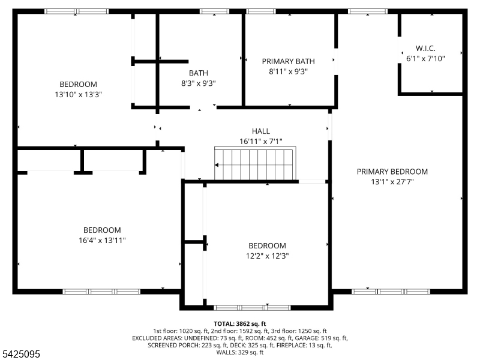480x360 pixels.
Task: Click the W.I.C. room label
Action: [425, 48]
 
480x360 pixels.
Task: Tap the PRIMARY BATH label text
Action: [289, 61]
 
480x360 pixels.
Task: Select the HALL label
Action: [261, 131]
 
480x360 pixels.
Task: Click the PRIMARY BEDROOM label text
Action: [392, 172]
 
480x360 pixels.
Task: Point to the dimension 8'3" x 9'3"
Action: [199, 83]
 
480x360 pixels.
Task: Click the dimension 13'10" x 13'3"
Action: [78, 94]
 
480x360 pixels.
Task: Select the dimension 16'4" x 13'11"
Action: [102, 241]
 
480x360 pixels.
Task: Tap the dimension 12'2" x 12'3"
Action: [267, 256]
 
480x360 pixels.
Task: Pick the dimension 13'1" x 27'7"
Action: [392, 182]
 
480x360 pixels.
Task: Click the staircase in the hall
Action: [255, 163]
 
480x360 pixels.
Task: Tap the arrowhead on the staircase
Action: [217, 165]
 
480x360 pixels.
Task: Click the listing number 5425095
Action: [20, 354]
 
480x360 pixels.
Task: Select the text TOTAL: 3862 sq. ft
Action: [239, 324]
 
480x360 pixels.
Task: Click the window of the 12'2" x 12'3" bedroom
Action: [251, 307]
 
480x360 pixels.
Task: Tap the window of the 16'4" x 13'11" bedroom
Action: [101, 292]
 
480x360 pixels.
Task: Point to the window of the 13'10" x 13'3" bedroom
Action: [77, 11]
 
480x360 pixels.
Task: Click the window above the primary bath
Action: [261, 11]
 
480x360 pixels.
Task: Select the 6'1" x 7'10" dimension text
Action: [425, 58]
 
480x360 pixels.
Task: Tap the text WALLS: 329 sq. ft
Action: [239, 352]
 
